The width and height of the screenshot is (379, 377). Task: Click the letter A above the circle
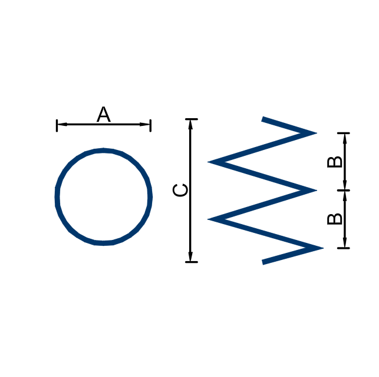(104, 114)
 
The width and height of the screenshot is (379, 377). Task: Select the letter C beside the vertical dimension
(180, 190)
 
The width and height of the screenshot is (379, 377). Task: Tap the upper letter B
(334, 162)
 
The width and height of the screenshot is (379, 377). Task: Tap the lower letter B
(334, 219)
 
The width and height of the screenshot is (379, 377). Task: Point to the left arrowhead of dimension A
(62, 124)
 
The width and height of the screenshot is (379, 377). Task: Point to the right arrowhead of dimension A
(145, 124)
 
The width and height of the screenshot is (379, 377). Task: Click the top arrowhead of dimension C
(190, 125)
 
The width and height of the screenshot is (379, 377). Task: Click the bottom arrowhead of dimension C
(190, 256)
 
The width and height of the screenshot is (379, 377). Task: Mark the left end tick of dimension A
(57, 125)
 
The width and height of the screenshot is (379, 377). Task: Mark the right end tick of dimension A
(150, 125)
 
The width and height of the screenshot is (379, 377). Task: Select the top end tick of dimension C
(192, 119)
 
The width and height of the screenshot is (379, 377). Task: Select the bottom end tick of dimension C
(192, 262)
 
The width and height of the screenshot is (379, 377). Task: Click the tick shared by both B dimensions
(344, 191)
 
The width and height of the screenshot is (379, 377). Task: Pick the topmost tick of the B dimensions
(344, 133)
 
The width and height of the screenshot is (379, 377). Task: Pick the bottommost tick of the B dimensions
(344, 248)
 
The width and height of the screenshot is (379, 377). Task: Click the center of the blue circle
(104, 196)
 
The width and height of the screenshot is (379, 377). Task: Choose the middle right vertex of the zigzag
(316, 191)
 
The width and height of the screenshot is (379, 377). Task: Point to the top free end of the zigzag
(263, 119)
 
